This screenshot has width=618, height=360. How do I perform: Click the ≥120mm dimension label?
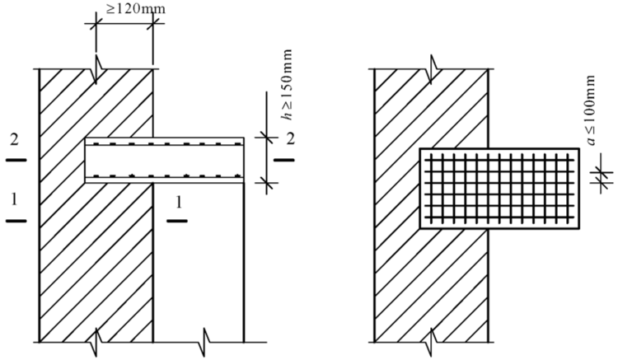[135, 9]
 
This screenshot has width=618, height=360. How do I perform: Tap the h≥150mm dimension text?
[288, 84]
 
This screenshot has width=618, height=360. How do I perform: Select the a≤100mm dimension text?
[591, 110]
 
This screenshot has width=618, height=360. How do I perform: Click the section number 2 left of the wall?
[14, 140]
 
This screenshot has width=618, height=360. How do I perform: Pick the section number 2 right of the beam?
[290, 139]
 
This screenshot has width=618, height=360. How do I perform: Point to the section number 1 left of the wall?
[14, 200]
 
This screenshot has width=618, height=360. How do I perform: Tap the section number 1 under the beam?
[179, 203]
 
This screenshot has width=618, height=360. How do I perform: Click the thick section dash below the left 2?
[16, 160]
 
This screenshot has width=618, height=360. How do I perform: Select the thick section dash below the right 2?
[284, 160]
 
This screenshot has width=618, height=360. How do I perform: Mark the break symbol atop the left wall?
[97, 69]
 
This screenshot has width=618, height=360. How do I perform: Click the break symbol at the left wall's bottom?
[95, 341]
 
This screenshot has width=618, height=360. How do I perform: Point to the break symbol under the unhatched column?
[204, 341]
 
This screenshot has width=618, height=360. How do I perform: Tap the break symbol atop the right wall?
[431, 69]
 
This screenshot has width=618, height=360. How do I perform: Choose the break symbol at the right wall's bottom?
[431, 341]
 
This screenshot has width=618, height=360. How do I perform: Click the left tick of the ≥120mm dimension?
[96, 26]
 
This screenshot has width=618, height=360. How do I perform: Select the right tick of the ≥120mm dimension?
[153, 26]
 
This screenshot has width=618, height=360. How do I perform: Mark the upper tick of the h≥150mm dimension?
[267, 138]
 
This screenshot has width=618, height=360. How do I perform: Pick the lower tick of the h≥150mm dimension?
[267, 182]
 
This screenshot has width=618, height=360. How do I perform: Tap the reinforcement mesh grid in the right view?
[500, 189]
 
